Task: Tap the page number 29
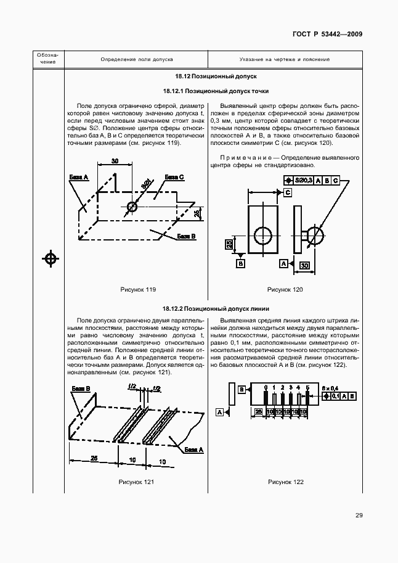358,516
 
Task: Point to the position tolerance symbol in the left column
51,258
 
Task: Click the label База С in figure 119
174,177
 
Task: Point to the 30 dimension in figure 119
115,161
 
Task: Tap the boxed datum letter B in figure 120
241,263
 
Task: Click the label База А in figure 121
193,450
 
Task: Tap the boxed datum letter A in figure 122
219,411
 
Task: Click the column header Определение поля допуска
137,59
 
